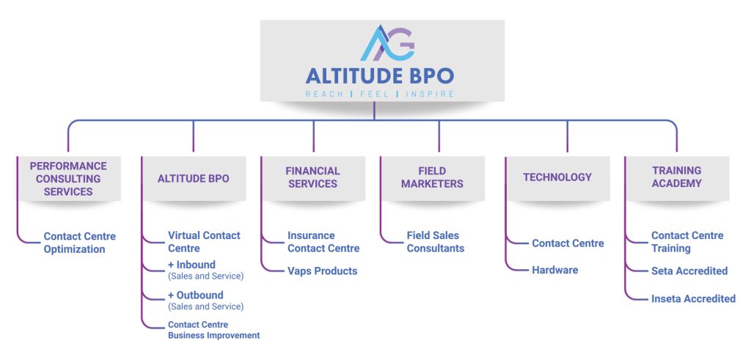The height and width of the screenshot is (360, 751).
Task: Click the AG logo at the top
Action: tap(387, 43)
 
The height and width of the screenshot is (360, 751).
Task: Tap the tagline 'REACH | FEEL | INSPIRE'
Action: tap(379, 94)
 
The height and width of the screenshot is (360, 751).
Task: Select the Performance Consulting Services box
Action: tap(68, 179)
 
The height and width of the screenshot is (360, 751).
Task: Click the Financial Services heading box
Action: tap(313, 177)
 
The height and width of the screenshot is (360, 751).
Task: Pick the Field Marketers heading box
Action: tap(432, 177)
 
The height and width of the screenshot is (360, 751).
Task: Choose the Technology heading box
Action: tap(557, 177)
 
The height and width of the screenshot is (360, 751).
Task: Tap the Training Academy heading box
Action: tap(676, 177)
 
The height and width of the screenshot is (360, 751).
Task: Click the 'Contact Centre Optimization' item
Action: tap(79, 243)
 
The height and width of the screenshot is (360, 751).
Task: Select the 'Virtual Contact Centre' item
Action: tap(204, 242)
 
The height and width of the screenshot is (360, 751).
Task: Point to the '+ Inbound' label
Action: tap(191, 265)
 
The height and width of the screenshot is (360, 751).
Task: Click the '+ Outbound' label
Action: tap(195, 295)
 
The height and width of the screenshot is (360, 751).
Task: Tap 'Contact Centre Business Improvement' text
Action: tap(213, 330)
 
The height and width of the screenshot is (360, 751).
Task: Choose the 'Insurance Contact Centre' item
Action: tap(323, 242)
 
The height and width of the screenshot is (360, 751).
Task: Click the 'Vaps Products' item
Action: tap(322, 271)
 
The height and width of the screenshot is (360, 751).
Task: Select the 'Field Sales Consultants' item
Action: tap(436, 242)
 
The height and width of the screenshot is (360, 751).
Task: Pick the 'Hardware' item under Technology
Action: tap(554, 270)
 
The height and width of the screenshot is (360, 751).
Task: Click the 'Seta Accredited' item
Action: tap(689, 271)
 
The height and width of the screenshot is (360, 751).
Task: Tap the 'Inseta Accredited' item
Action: tap(693, 298)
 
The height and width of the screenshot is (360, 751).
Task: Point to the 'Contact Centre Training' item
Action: tap(687, 242)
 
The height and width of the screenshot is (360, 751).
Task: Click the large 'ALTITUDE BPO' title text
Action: tap(379, 76)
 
